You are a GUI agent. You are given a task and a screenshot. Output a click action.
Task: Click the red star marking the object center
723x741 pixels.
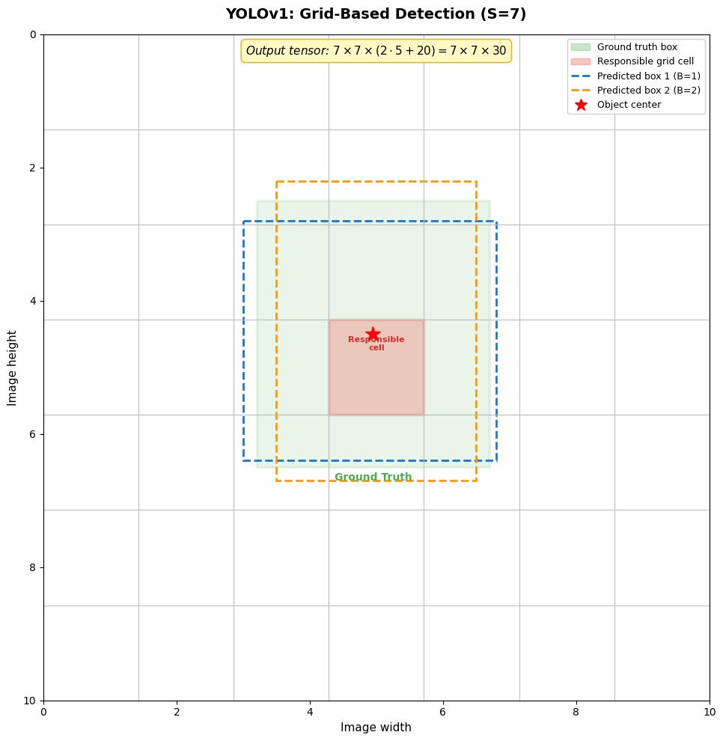(373, 334)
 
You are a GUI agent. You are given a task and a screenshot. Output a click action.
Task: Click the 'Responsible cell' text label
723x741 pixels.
(376, 344)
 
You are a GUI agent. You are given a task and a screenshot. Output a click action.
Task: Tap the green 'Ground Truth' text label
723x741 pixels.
(373, 478)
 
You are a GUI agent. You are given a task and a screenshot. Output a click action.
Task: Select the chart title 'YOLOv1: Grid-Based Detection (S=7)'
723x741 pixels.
(376, 14)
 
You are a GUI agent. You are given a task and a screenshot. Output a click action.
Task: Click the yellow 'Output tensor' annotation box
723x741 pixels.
(376, 51)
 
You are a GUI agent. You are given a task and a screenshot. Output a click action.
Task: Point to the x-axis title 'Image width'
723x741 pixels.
(376, 728)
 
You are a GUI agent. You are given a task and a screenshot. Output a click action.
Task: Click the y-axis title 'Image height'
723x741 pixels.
(13, 368)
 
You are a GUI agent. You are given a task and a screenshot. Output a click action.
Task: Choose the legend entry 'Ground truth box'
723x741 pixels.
(637, 47)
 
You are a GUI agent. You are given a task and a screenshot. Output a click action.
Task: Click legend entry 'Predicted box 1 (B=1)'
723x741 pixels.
(648, 76)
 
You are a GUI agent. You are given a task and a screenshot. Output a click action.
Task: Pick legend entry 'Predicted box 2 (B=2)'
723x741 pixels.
(648, 91)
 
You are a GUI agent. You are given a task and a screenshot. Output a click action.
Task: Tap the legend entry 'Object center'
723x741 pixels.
(629, 105)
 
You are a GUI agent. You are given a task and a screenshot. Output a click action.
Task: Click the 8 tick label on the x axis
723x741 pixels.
(576, 712)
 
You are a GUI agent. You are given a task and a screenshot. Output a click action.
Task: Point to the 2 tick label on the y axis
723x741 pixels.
(32, 168)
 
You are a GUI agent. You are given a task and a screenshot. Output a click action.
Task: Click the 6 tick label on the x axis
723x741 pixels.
(443, 712)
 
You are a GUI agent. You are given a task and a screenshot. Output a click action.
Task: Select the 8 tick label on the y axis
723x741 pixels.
(32, 567)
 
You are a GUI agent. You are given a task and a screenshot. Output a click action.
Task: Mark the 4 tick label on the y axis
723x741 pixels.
(32, 301)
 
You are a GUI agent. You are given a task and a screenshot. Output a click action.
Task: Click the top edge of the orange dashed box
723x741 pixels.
(376, 181)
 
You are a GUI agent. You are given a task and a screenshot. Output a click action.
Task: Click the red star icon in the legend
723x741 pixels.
(581, 105)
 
